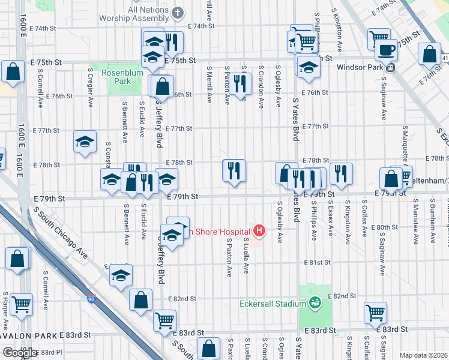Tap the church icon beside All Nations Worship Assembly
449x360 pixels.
[x=178, y=12]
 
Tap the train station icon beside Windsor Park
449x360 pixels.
[x=390, y=67]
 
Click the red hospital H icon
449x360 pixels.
[x=259, y=230]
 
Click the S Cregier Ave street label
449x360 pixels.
[x=90, y=87]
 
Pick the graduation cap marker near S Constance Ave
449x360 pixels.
[x=85, y=142]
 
